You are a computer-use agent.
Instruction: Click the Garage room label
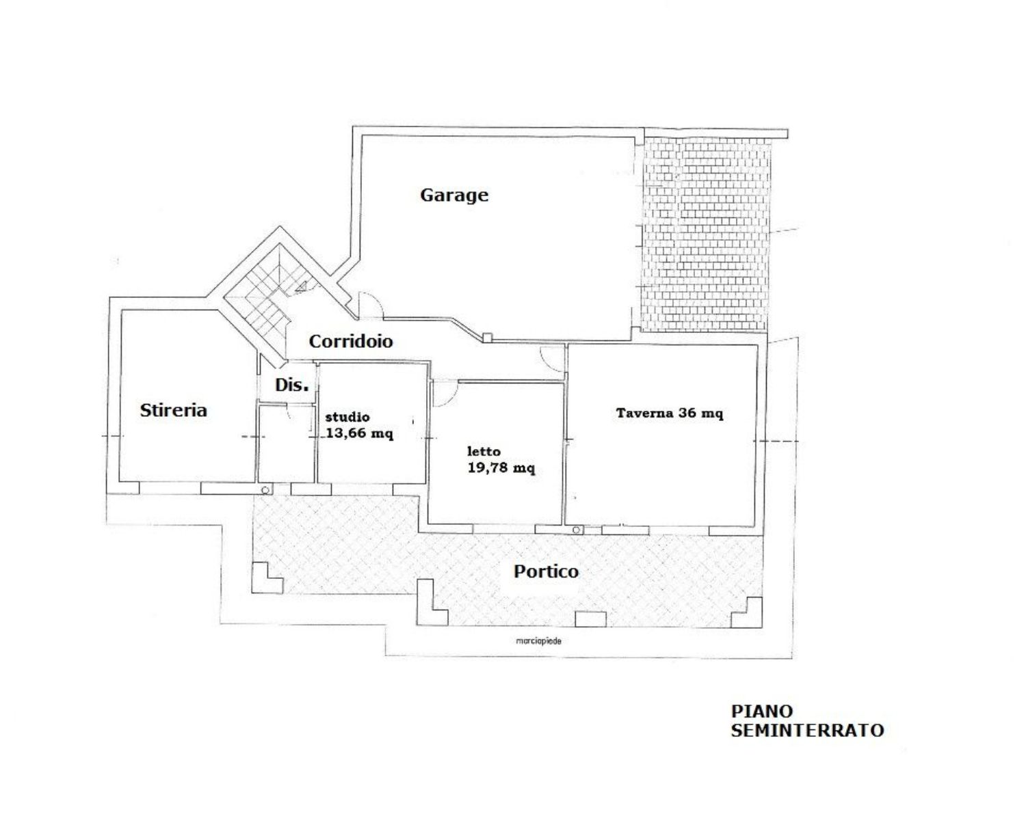point(454,195)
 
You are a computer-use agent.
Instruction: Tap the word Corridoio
point(351,341)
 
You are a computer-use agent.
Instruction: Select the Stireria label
point(174,410)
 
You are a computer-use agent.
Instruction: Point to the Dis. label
point(292,385)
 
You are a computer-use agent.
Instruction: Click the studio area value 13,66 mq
point(359,434)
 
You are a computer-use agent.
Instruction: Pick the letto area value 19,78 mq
point(501,468)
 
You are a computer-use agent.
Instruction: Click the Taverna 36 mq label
point(670,413)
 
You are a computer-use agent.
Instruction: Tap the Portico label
point(546,571)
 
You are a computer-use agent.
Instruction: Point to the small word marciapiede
point(539,641)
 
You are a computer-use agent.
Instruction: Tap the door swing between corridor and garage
point(371,305)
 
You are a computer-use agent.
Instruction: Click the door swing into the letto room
point(445,394)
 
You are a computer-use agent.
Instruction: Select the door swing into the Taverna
point(553,358)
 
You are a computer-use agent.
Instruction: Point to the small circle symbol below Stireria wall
point(266,490)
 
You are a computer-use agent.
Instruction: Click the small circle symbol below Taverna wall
point(577,530)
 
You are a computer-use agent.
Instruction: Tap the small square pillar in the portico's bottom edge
point(590,619)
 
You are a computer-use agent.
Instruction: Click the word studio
point(347,417)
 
